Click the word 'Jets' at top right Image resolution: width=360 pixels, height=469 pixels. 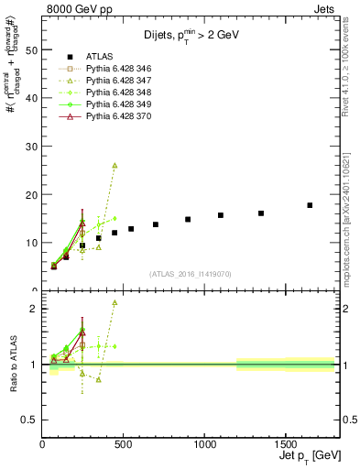tap(324, 8)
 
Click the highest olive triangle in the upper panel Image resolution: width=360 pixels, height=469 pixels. tap(115, 166)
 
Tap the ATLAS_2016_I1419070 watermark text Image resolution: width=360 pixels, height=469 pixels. tap(191, 274)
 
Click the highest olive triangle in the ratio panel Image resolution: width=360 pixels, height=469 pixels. tap(115, 302)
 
